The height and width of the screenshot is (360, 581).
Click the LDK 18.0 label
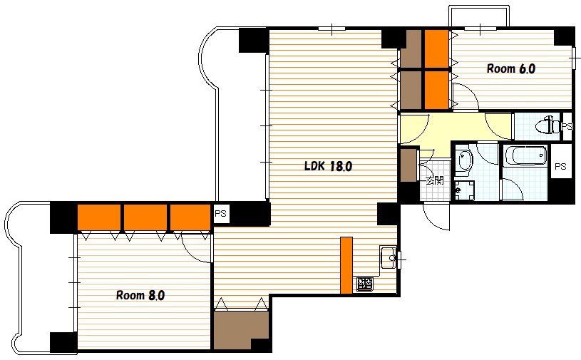coord(328,166)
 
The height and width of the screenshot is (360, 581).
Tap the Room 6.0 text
coord(511,68)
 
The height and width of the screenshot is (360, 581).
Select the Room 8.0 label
coord(140,295)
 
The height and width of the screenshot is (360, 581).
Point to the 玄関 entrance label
coord(434,180)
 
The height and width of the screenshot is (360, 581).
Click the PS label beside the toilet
coord(567,127)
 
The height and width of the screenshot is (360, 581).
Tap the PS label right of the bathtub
coord(560,166)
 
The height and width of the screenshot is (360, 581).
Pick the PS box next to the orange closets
coord(220,214)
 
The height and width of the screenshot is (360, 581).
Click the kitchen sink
coord(388,257)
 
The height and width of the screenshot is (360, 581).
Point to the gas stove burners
coord(365,284)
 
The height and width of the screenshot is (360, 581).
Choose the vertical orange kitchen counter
coord(346,265)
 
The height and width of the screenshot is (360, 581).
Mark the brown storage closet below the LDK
coord(241,330)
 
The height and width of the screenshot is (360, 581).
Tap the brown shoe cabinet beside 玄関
coord(408,165)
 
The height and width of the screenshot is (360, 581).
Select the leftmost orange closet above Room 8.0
coord(99,217)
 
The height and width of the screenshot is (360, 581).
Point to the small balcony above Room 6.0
coord(479,16)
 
